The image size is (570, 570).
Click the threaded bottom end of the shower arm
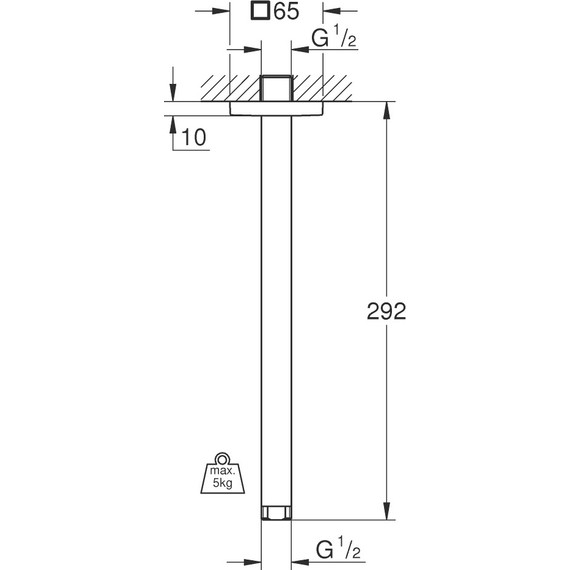pyautogui.click(x=275, y=514)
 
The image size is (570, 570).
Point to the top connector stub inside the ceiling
pyautogui.click(x=275, y=86)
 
